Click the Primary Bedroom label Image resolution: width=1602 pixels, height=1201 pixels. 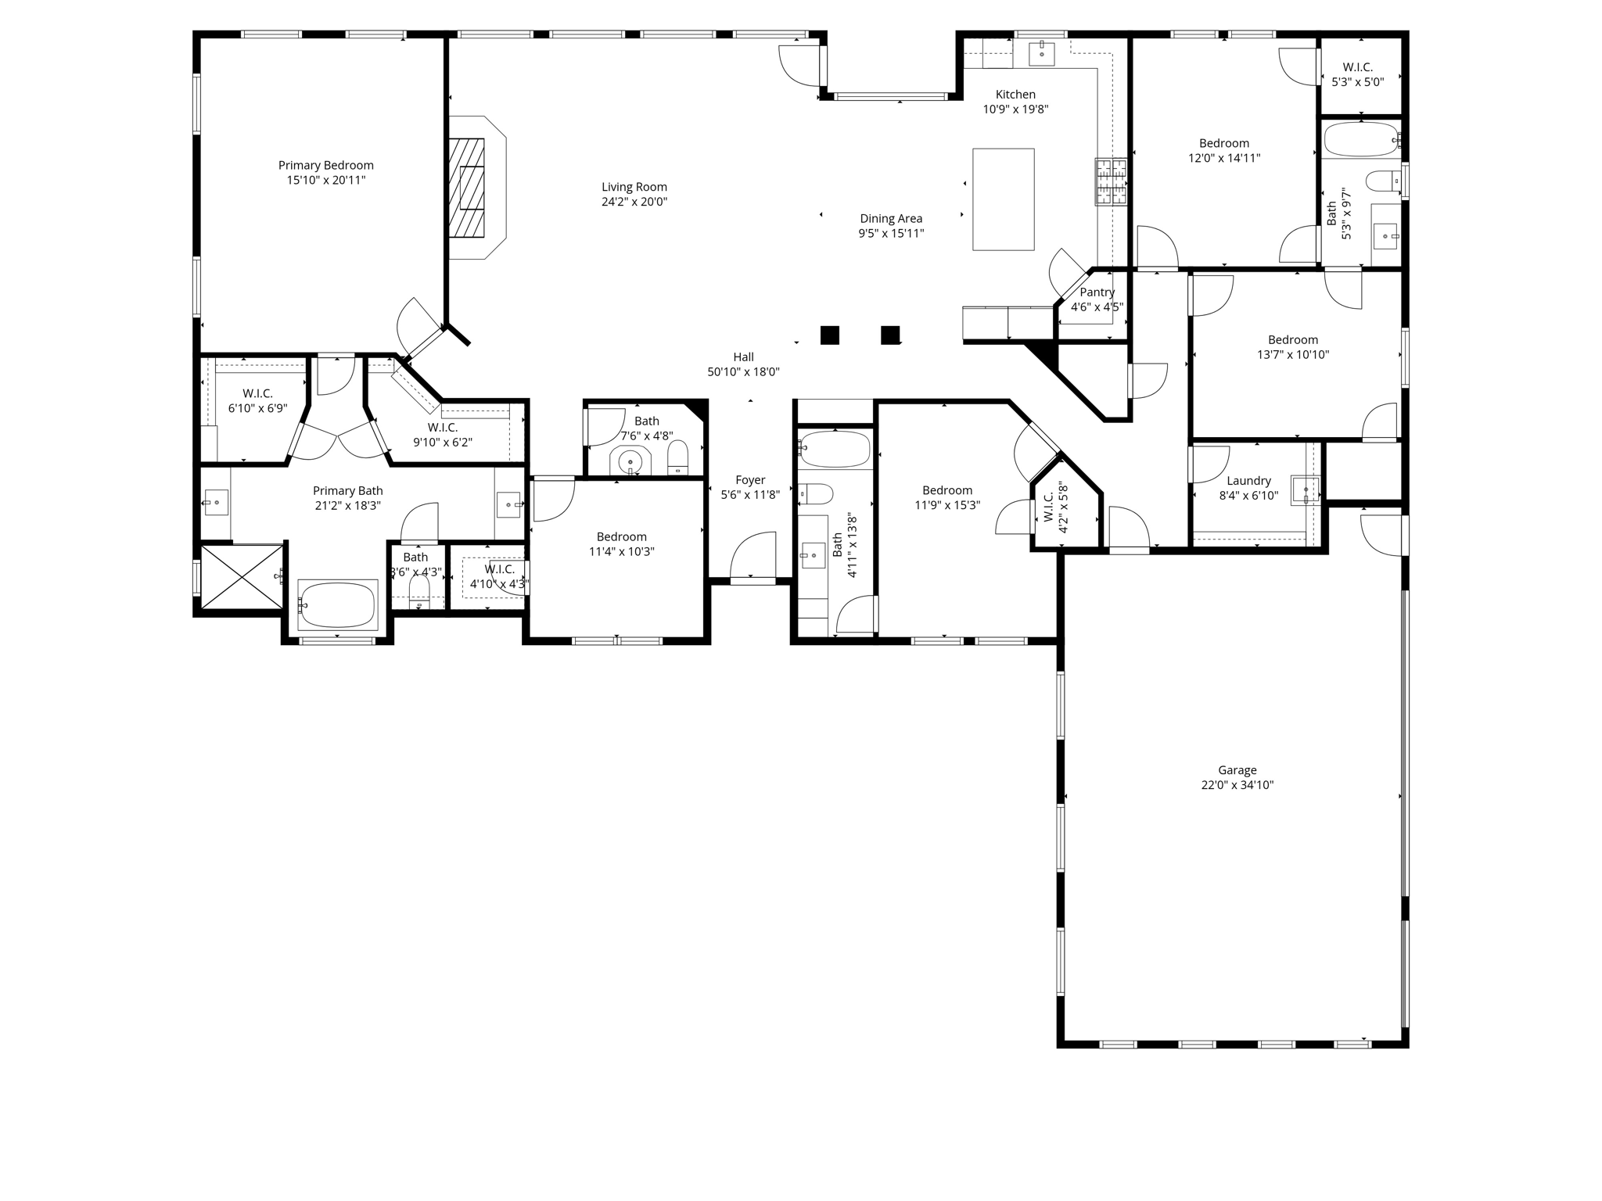pos(325,165)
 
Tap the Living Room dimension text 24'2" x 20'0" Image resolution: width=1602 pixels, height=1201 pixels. pos(634,202)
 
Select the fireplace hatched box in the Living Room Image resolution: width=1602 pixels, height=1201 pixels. pos(467,188)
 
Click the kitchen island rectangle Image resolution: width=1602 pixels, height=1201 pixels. pos(1003,199)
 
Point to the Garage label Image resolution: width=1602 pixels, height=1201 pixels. pos(1237,770)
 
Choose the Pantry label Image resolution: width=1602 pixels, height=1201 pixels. pos(1097,292)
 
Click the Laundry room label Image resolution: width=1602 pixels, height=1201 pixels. pos(1248,481)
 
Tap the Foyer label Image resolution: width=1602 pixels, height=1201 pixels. pos(750,480)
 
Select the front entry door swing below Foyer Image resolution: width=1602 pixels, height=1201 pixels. pos(753,557)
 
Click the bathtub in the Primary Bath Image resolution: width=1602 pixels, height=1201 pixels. pos(338,604)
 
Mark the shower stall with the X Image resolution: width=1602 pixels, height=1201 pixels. pos(242,576)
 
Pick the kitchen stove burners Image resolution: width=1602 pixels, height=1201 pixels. pos(1111,181)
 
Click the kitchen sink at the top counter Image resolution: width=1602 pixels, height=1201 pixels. pos(1042,54)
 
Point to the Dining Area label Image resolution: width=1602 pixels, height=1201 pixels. pos(891,219)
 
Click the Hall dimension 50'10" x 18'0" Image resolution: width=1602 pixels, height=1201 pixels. pos(743,372)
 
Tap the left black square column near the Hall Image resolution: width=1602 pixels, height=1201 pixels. pos(829,335)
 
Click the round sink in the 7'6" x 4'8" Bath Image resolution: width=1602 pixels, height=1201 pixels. pos(630,462)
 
